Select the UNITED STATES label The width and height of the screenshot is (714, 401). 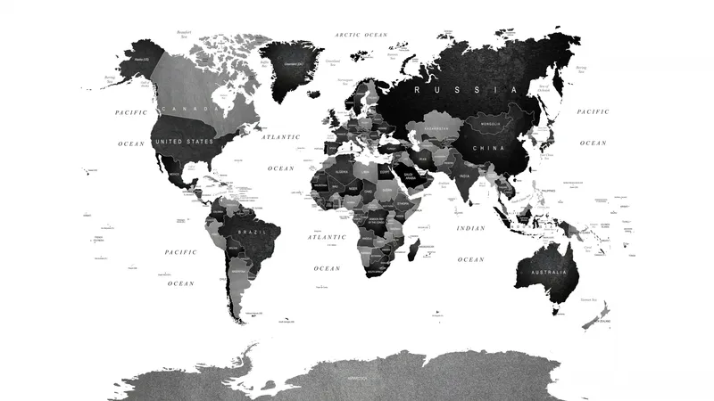tap(184, 142)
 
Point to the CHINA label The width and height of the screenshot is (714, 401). tap(488, 148)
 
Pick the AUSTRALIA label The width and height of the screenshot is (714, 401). tap(548, 272)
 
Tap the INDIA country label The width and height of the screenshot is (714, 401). tap(464, 176)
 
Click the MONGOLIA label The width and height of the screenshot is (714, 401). tap(490, 123)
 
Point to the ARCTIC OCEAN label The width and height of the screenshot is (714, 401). tap(361, 35)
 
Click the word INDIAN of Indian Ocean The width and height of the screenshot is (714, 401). tap(470, 229)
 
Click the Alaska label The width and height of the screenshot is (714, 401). tap(141, 59)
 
